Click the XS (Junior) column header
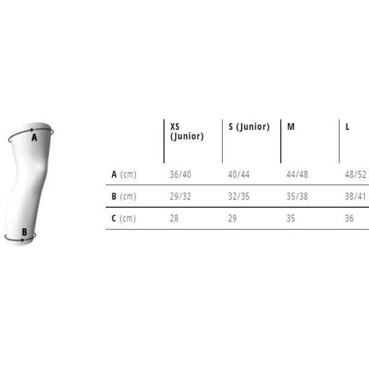pyautogui.click(x=186, y=132)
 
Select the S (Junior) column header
pyautogui.click(x=249, y=127)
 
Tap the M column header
pyautogui.click(x=291, y=127)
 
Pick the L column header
pyautogui.click(x=347, y=127)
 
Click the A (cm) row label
pyautogui.click(x=124, y=175)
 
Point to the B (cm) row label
pyautogui.click(x=124, y=197)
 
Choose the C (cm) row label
pyautogui.click(x=124, y=218)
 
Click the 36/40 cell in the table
pyautogui.click(x=180, y=175)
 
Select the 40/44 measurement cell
pyautogui.click(x=239, y=175)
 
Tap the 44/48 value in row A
pyautogui.click(x=297, y=175)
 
